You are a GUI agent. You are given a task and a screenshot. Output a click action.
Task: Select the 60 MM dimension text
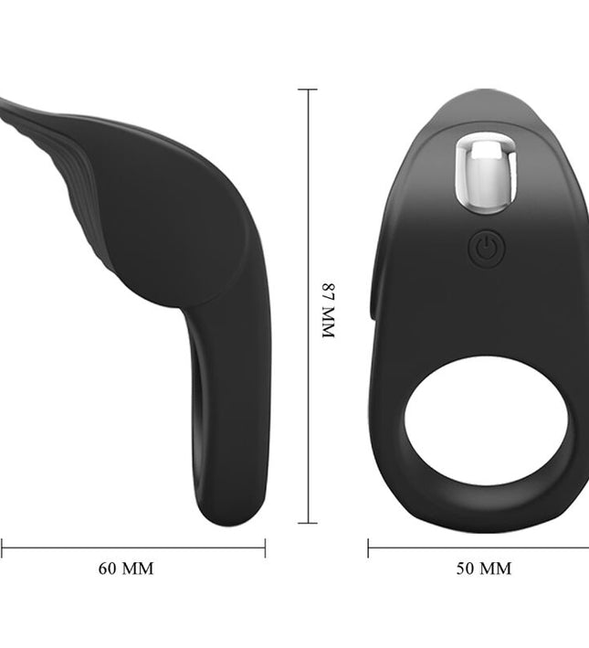(126, 568)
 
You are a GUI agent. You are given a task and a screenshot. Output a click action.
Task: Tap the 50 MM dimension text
(484, 568)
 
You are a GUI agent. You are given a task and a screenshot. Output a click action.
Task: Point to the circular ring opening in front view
(486, 420)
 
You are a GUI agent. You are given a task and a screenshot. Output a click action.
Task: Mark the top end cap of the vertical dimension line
(307, 90)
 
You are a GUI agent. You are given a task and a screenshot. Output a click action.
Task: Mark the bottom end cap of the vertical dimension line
(307, 524)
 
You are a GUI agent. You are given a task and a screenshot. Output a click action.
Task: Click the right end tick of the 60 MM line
(265, 548)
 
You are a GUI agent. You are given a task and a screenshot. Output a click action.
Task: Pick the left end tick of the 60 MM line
(2, 548)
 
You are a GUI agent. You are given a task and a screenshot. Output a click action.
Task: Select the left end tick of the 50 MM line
(368, 548)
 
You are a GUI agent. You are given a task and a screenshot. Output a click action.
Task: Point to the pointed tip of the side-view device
(5, 103)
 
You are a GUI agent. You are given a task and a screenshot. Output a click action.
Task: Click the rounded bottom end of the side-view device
(227, 512)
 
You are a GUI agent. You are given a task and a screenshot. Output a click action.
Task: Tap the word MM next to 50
(497, 568)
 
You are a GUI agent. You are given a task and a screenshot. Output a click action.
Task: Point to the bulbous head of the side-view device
(174, 219)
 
